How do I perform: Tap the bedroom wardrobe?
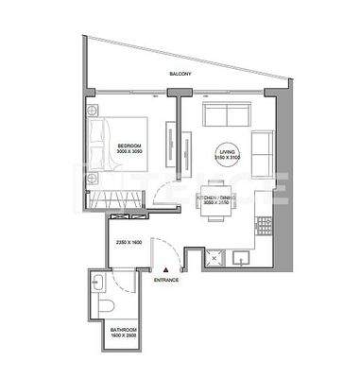coord(118,199)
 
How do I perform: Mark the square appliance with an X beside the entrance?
coord(214,257)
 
